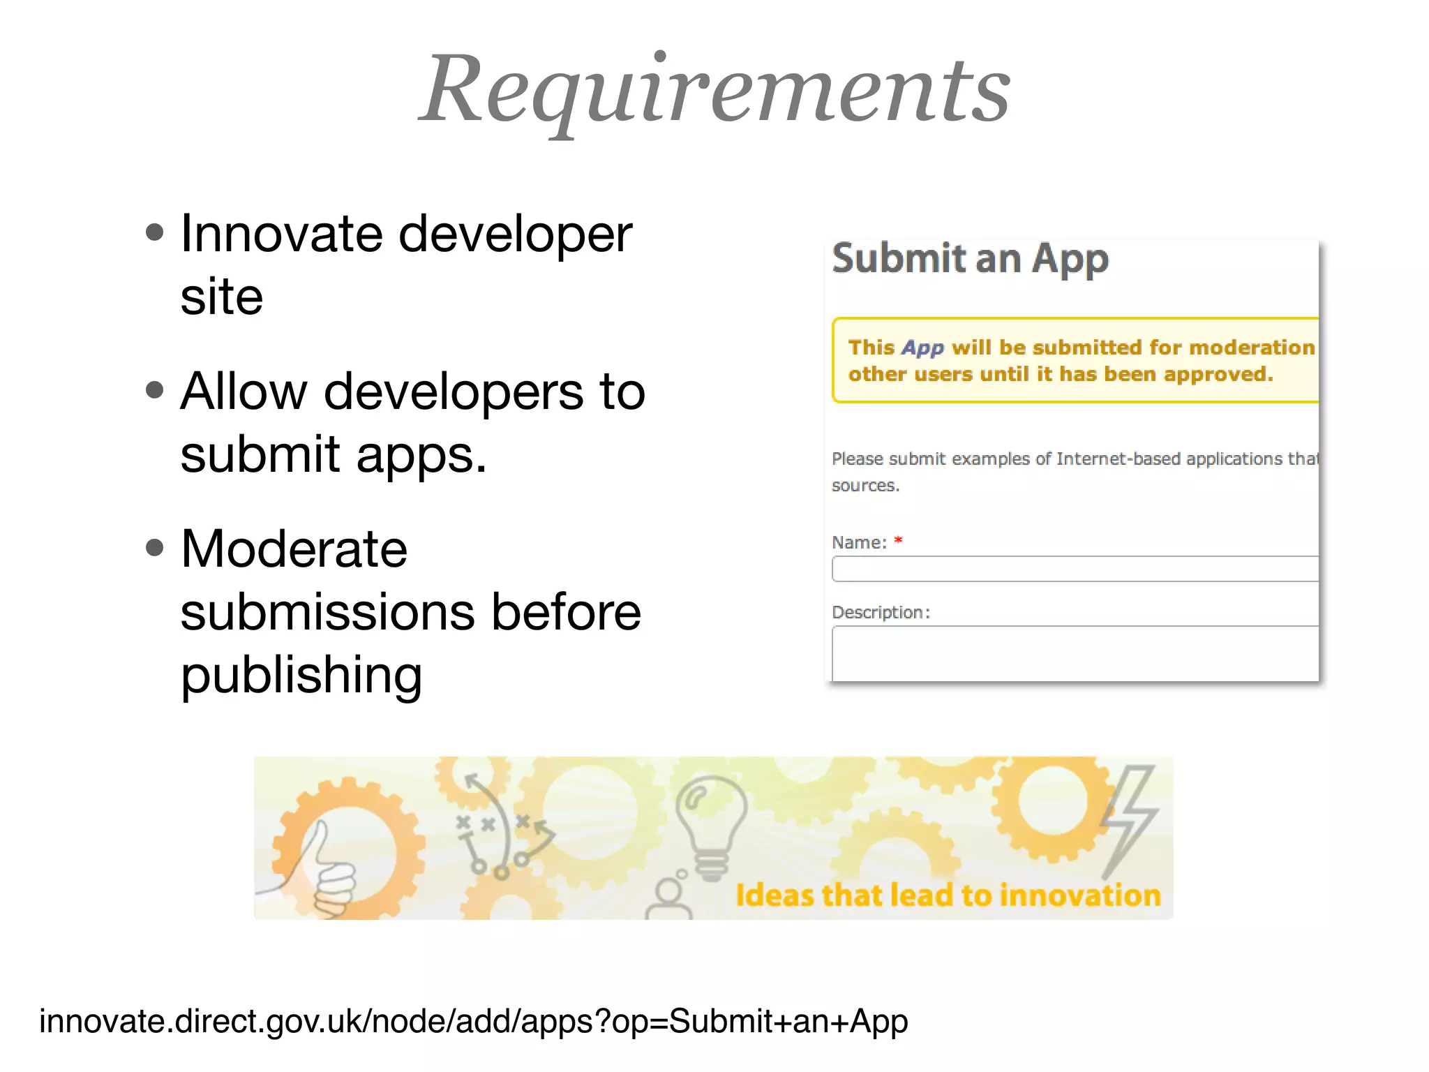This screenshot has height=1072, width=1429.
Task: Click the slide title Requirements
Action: [714, 91]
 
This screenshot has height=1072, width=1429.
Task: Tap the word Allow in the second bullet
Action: [244, 392]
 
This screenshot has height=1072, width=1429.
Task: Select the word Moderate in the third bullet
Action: [294, 549]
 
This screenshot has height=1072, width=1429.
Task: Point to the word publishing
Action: [301, 676]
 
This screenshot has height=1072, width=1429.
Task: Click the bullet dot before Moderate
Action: [155, 548]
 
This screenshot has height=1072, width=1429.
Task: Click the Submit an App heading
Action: [970, 259]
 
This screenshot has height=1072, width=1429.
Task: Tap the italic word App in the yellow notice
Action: [922, 348]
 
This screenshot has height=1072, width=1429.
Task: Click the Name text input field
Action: [1075, 569]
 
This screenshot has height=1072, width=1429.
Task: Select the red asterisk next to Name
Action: [898, 540]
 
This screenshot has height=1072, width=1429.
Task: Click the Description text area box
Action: [1075, 653]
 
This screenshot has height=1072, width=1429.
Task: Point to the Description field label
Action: [881, 612]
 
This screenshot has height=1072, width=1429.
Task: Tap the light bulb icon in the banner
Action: [710, 827]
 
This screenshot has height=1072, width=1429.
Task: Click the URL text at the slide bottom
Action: [473, 1021]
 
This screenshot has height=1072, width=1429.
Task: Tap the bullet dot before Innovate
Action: [155, 232]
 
